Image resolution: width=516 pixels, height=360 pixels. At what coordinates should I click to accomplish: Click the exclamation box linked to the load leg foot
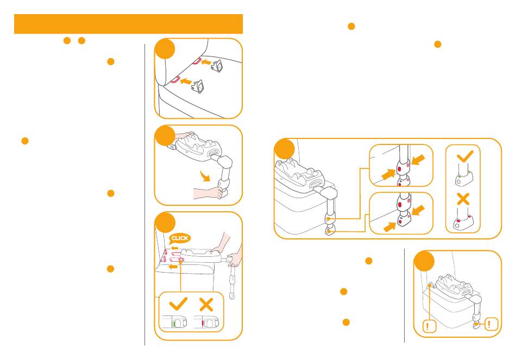tap(490, 325)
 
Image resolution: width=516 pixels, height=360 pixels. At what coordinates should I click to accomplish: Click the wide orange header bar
tap(128, 24)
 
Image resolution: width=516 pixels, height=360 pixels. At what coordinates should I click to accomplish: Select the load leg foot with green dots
tap(460, 178)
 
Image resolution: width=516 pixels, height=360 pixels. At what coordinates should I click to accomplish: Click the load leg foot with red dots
tap(461, 222)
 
